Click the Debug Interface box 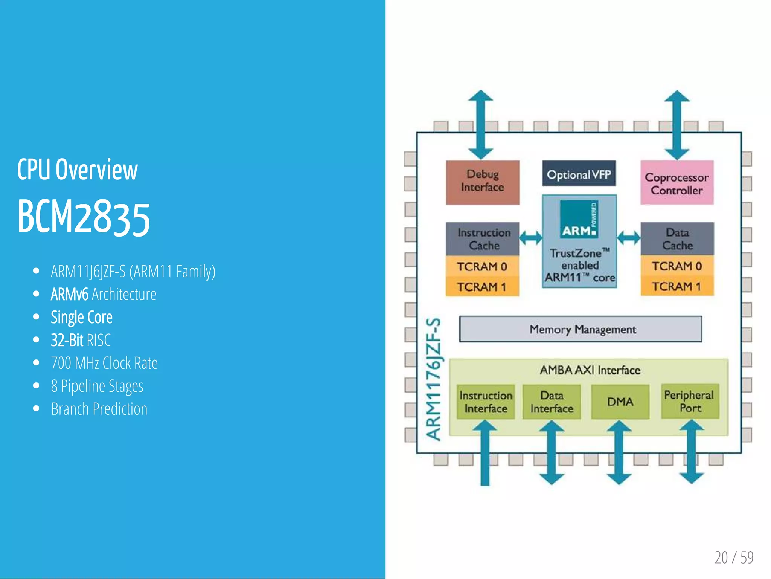482,182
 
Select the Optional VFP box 579,174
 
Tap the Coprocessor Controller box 677,183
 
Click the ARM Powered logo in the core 579,219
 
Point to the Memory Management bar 581,329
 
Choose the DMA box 620,402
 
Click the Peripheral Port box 690,401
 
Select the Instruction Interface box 486,402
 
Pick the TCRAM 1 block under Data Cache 677,286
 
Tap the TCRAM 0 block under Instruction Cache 482,266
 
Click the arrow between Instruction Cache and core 530,237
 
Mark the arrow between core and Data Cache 629,238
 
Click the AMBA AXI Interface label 590,370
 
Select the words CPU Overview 77,170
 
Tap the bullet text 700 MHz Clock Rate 104,363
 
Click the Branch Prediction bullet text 99,409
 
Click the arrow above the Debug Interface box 480,124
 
